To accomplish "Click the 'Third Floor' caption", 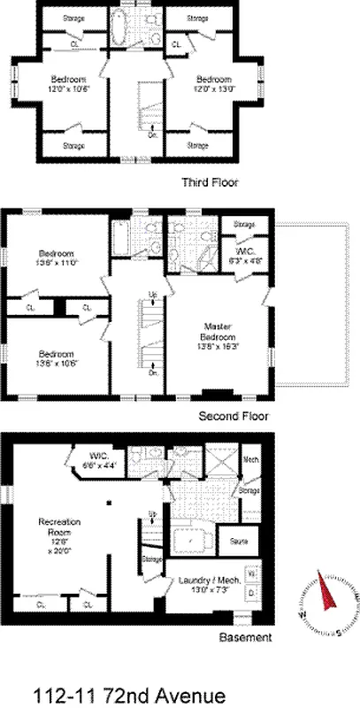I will coord(209,182).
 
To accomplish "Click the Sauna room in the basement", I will coord(238,539).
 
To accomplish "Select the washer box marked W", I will coord(249,572).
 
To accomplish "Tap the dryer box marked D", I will coord(249,590).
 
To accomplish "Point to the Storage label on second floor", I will coord(244,225).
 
